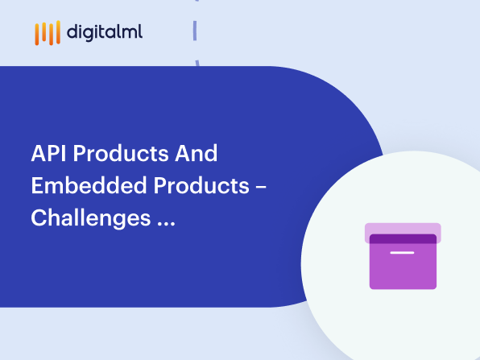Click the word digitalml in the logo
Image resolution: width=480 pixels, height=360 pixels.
click(x=106, y=32)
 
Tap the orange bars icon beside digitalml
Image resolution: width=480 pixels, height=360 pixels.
click(x=48, y=33)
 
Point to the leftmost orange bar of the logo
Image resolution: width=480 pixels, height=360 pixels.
click(x=37, y=35)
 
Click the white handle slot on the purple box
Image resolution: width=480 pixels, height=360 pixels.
click(x=402, y=253)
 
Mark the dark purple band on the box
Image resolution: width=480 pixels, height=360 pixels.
click(x=403, y=238)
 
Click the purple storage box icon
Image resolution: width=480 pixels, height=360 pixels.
click(x=403, y=256)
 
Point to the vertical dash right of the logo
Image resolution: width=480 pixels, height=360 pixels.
click(x=195, y=31)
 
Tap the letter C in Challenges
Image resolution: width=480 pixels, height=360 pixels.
click(x=38, y=217)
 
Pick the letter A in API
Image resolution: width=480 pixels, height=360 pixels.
click(x=37, y=153)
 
